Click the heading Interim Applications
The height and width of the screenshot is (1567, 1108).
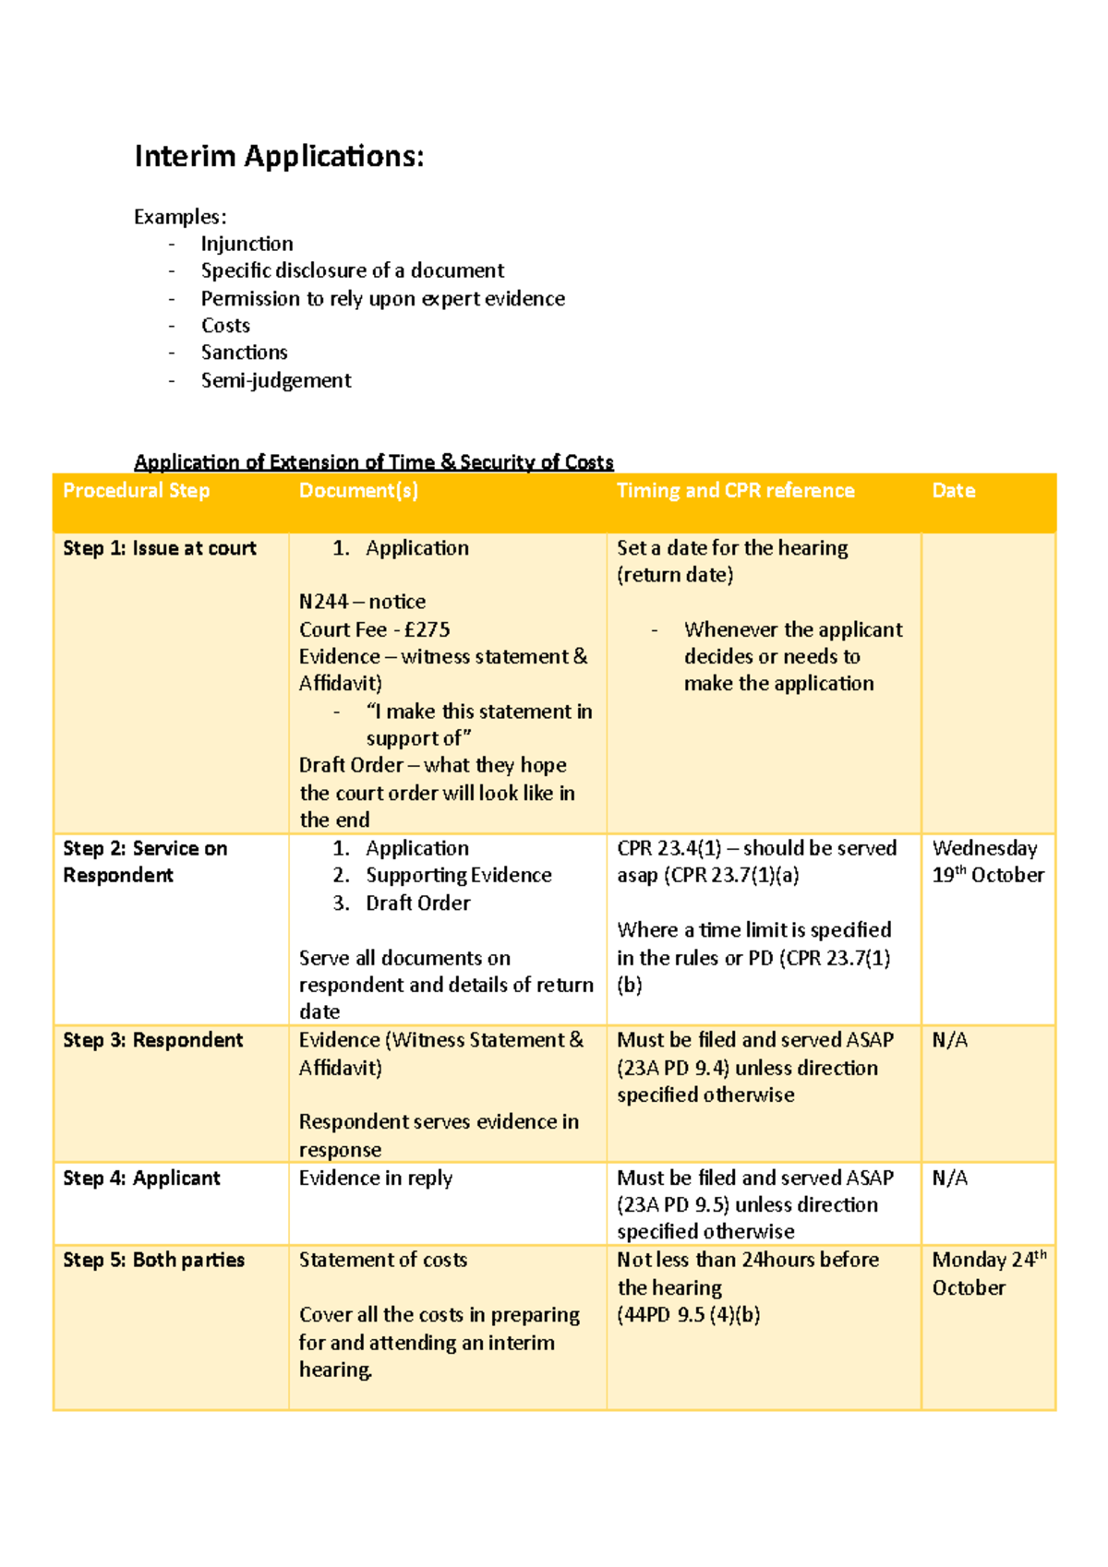pos(279,156)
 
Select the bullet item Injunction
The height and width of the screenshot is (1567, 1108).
pos(247,244)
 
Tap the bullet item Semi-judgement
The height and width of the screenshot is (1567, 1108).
pos(275,380)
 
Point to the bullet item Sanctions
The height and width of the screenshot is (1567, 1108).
pos(244,353)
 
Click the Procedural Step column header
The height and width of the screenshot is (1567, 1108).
pos(136,491)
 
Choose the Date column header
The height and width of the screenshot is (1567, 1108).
pos(953,491)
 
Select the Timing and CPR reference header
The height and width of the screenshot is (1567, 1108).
pos(735,491)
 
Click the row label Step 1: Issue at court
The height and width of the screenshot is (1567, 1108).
pos(159,548)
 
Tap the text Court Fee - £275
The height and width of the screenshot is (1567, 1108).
pos(374,629)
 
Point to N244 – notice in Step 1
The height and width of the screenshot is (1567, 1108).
pos(362,602)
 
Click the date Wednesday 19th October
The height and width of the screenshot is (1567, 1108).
pos(987,861)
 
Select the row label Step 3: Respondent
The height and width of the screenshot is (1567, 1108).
pos(152,1040)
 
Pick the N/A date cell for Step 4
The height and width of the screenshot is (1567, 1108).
pos(949,1178)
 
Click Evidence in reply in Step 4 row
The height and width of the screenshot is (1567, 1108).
pos(375,1178)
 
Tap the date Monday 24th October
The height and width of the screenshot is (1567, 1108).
pos(987,1274)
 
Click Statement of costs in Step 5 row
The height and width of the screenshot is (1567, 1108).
pos(382,1260)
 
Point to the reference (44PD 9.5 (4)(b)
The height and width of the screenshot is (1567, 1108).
pos(688,1315)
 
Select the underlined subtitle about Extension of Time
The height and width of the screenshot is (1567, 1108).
pos(373,461)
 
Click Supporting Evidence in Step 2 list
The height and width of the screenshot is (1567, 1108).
pos(458,875)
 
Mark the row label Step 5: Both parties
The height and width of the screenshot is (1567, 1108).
pos(153,1260)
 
